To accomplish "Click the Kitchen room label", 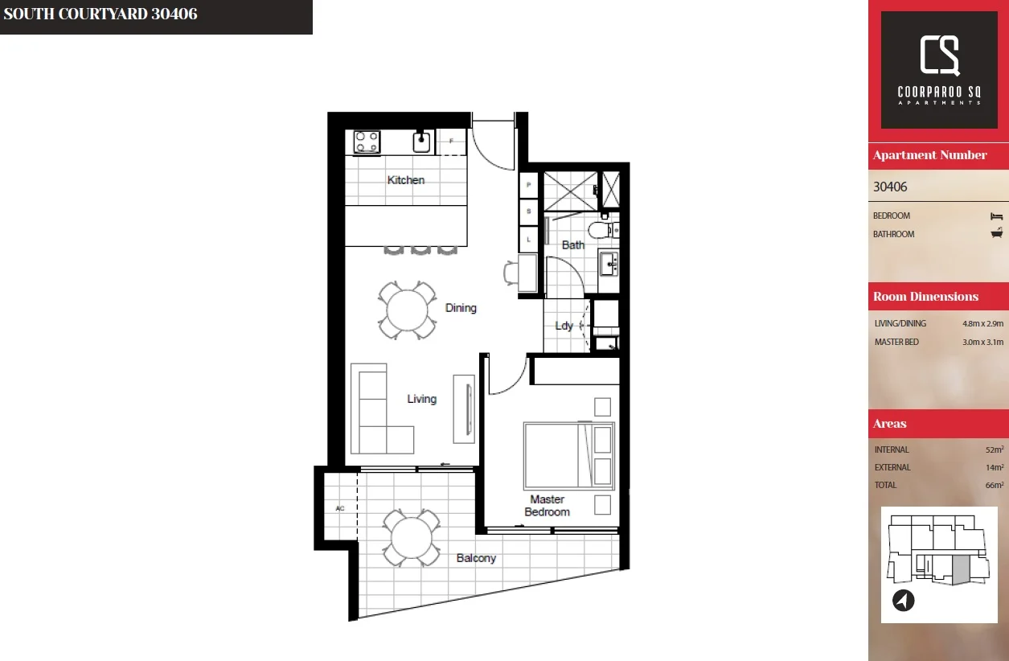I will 405,180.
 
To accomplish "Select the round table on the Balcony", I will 411,538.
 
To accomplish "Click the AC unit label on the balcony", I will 339,508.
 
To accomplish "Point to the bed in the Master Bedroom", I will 568,456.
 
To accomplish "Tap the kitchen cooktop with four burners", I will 367,142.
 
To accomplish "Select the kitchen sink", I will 422,142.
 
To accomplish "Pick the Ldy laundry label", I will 564,326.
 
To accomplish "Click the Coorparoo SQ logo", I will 939,70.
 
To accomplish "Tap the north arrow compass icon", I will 904,600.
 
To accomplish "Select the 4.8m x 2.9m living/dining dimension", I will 982,323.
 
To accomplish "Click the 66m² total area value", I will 995,485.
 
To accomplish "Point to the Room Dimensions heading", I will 925,297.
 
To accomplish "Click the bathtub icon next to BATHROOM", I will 997,234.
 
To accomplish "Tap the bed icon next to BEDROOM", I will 997,216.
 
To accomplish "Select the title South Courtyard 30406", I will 100,14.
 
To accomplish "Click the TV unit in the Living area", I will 465,408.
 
